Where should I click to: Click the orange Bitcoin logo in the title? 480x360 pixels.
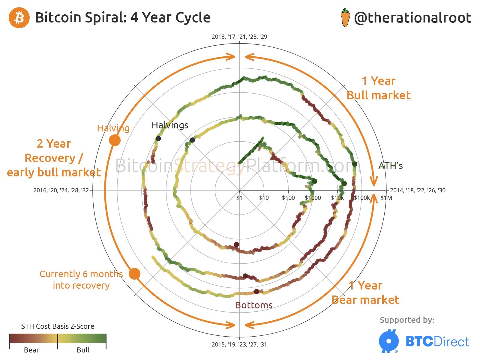point(19,18)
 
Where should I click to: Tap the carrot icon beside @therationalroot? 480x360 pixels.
point(345,18)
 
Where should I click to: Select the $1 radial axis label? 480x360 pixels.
point(239,198)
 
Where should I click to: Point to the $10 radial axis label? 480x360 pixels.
point(264,198)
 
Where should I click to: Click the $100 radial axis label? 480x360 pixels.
point(288,198)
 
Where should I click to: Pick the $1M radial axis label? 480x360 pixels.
point(386,198)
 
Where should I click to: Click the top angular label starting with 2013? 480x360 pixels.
point(239,37)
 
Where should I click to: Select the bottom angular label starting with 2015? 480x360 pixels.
point(239,344)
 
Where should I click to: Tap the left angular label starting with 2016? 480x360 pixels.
point(61,190)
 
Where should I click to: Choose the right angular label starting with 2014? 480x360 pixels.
point(418,190)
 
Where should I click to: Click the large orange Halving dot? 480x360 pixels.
point(115,140)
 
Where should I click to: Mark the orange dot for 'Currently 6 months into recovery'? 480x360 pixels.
point(134,274)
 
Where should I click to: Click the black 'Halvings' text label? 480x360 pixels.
point(170,125)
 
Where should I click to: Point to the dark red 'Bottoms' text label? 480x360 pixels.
point(254,305)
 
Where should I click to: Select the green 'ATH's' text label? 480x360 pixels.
point(390,166)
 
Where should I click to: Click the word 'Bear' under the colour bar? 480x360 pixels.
point(31,350)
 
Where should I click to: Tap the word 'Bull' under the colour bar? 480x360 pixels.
point(83,350)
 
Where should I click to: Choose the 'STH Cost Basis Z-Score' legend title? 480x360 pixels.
point(58,326)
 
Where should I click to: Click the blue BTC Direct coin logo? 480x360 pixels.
point(389,341)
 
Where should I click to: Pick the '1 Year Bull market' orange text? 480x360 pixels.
point(378,88)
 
